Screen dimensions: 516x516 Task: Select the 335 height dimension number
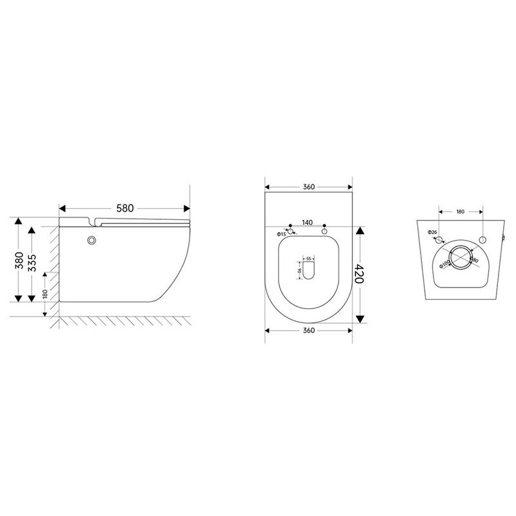pyautogui.click(x=31, y=260)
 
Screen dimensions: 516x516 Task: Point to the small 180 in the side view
pyautogui.click(x=45, y=295)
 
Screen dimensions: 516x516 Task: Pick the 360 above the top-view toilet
pyautogui.click(x=308, y=187)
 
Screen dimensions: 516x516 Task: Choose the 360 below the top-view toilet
pyautogui.click(x=308, y=331)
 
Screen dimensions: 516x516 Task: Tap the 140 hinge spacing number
pyautogui.click(x=308, y=222)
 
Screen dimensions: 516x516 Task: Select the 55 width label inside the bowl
pyautogui.click(x=308, y=259)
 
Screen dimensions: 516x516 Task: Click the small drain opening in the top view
pyautogui.click(x=308, y=272)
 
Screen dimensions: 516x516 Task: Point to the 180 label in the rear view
pyautogui.click(x=461, y=210)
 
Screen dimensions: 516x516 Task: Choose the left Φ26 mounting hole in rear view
pyautogui.click(x=439, y=239)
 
